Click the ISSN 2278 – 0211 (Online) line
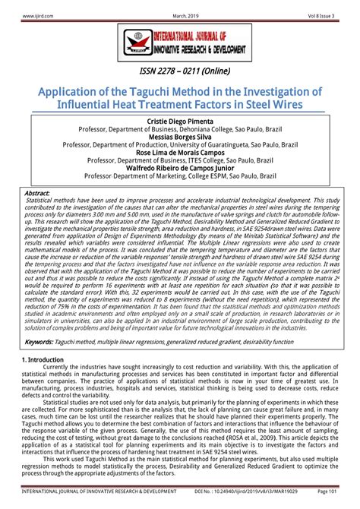point(179,71)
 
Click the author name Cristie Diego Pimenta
point(179,122)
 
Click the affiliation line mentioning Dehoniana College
point(179,130)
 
